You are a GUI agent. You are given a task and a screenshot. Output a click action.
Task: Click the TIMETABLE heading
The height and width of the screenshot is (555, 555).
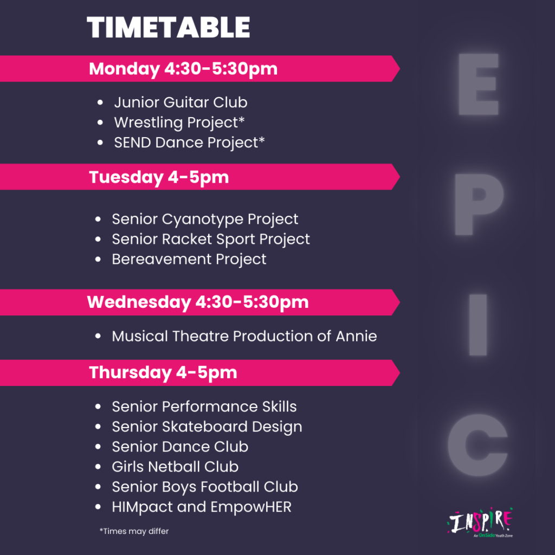pyautogui.click(x=169, y=28)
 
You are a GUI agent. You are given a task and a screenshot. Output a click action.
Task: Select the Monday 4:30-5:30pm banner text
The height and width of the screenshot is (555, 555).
pyautogui.click(x=183, y=69)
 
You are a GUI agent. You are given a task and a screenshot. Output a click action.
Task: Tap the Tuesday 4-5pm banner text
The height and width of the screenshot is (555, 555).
pyautogui.click(x=159, y=177)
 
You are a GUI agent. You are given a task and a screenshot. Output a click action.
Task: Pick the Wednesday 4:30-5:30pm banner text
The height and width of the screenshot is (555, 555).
pyautogui.click(x=198, y=302)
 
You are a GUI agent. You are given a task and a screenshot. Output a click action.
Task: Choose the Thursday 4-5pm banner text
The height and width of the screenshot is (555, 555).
pyautogui.click(x=163, y=373)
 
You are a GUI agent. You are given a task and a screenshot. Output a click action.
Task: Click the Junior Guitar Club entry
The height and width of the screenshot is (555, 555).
pyautogui.click(x=180, y=102)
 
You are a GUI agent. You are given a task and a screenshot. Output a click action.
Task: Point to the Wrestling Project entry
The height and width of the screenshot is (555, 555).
pyautogui.click(x=179, y=123)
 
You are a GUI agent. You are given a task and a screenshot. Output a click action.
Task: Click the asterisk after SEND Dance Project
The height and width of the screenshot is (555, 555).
pyautogui.click(x=262, y=140)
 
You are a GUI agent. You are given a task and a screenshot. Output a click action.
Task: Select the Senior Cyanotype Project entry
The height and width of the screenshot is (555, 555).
pyautogui.click(x=205, y=220)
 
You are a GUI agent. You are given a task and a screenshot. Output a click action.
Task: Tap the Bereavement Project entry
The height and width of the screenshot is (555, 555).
pyautogui.click(x=189, y=260)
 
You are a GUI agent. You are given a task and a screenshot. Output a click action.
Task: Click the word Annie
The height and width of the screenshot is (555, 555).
pyautogui.click(x=356, y=336)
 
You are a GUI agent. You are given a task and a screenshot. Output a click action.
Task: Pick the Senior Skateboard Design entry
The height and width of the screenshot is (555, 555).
pyautogui.click(x=207, y=427)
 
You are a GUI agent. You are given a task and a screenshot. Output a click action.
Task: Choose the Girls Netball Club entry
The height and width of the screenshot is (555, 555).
pyautogui.click(x=175, y=467)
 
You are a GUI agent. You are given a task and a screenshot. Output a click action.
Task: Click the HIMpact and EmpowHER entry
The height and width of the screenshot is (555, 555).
pyautogui.click(x=202, y=507)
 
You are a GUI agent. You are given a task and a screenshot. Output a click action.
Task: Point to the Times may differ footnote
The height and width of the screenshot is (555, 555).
pyautogui.click(x=134, y=531)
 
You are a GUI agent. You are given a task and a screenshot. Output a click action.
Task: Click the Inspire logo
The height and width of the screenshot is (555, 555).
pyautogui.click(x=480, y=522)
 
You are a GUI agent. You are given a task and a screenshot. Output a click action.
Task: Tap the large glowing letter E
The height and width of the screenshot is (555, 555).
pyautogui.click(x=479, y=84)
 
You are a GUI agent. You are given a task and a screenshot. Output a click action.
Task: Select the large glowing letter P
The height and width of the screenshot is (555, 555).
pyautogui.click(x=479, y=204)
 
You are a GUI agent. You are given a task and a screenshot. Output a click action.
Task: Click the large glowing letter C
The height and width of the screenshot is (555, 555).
pyautogui.click(x=477, y=445)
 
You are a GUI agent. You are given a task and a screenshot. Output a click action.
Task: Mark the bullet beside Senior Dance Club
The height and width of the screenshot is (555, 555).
pyautogui.click(x=98, y=447)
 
